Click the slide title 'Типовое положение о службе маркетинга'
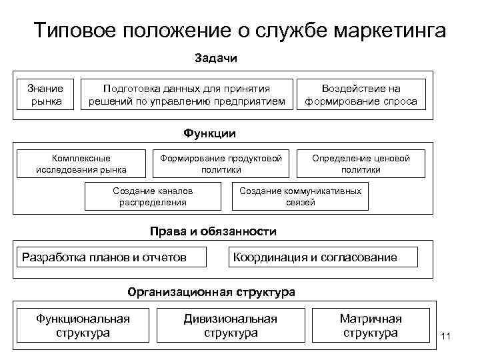tap(240, 31)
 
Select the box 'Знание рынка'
tap(46, 95)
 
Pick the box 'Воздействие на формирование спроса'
tap(361, 95)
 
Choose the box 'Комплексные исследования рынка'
tap(81, 163)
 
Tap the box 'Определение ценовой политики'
tap(370, 163)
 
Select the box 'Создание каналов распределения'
tap(153, 196)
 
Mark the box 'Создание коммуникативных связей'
tap(300, 196)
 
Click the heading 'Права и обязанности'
tap(213, 232)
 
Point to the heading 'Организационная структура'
tap(211, 292)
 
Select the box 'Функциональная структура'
tap(83, 325)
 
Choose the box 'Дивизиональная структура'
tap(231, 325)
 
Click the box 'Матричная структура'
tap(370, 325)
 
